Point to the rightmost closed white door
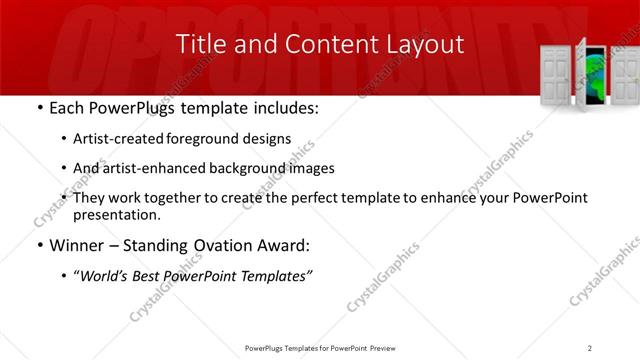click(x=625, y=75)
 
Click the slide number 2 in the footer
click(x=590, y=347)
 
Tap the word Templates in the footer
click(x=312, y=347)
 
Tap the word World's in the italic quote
click(x=107, y=276)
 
